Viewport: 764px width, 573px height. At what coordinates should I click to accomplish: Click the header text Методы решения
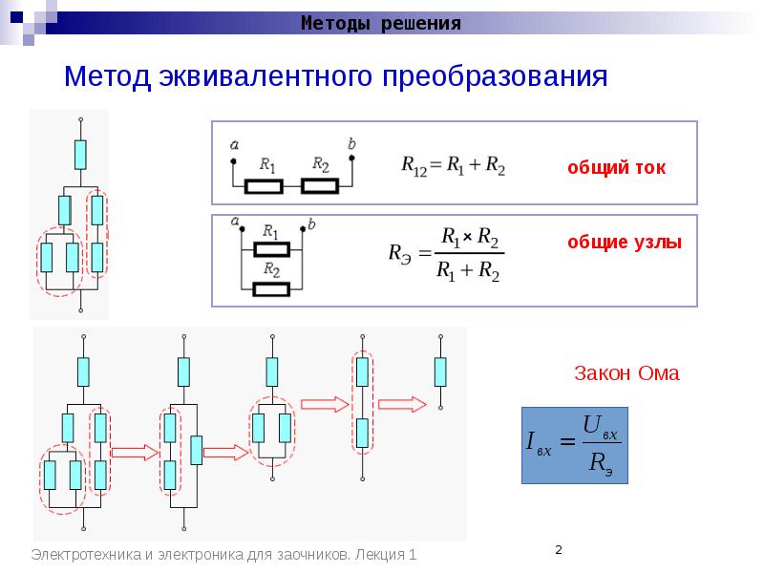click(380, 23)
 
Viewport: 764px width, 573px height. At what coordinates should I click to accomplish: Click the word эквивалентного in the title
click(266, 76)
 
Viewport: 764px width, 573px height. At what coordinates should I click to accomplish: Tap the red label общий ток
click(616, 168)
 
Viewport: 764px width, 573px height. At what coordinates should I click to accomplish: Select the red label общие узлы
click(625, 243)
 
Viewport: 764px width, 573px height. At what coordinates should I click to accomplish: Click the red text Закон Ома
click(626, 373)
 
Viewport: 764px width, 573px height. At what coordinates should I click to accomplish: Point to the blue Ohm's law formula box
click(575, 445)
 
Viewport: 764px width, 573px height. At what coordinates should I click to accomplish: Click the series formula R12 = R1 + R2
click(453, 165)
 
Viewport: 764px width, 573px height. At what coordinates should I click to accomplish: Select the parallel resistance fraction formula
click(446, 254)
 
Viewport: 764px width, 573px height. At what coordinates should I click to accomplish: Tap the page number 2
click(559, 550)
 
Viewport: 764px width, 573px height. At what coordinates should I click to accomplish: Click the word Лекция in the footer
click(380, 555)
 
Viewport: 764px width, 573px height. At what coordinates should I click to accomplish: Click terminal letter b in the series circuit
click(351, 144)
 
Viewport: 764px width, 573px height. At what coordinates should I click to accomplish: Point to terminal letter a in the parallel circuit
click(235, 222)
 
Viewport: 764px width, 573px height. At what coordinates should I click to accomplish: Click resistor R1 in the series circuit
click(264, 186)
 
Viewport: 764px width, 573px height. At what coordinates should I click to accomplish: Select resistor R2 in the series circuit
click(320, 186)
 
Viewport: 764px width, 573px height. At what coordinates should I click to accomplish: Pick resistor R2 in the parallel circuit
click(271, 290)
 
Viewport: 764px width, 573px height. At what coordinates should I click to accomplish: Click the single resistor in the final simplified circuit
click(440, 372)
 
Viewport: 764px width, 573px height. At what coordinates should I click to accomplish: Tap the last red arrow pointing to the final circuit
click(402, 404)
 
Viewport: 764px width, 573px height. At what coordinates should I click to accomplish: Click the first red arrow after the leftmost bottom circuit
click(136, 453)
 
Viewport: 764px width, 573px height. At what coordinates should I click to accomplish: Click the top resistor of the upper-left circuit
click(80, 155)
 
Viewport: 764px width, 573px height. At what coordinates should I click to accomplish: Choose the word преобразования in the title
click(495, 76)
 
